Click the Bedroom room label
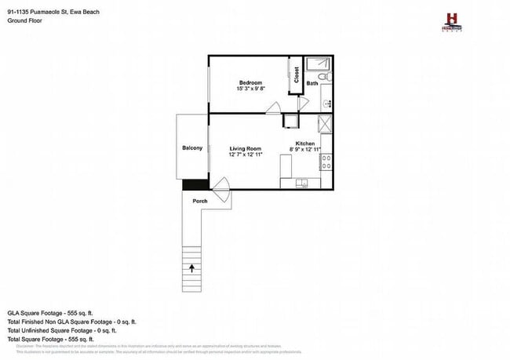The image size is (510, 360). click(250, 82)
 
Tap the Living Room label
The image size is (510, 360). click(245, 148)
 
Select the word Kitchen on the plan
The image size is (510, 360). click(305, 143)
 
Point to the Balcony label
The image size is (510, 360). click(192, 148)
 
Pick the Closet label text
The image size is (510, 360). click(297, 75)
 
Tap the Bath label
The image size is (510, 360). click(312, 83)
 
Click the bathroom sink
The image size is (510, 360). click(326, 103)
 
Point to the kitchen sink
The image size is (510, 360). click(302, 184)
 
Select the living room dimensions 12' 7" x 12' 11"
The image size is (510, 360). click(246, 155)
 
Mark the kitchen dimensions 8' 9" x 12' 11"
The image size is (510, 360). click(306, 149)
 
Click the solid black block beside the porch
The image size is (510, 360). click(195, 184)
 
